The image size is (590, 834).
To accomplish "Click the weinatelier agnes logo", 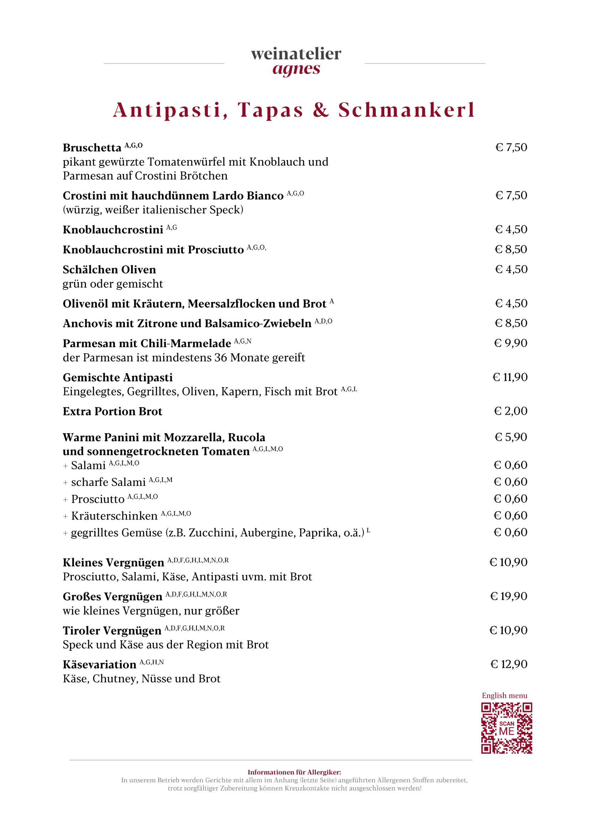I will pyautogui.click(x=296, y=61).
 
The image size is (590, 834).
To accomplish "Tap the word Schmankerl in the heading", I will pyautogui.click(x=406, y=110).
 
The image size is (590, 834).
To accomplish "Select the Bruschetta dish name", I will pyautogui.click(x=92, y=148).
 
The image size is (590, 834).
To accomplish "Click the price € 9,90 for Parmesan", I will pyautogui.click(x=511, y=343).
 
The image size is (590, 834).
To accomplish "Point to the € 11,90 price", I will pyautogui.click(x=510, y=377).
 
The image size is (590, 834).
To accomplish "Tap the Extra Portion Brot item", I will pyautogui.click(x=112, y=411).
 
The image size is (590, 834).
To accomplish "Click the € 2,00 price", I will pyautogui.click(x=511, y=411).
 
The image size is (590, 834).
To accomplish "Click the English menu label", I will pyautogui.click(x=504, y=696).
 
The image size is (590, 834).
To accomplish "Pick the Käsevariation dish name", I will pyautogui.click(x=99, y=665).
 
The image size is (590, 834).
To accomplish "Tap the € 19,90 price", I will pyautogui.click(x=508, y=596).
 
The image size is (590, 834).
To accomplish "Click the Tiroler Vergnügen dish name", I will pyautogui.click(x=112, y=630).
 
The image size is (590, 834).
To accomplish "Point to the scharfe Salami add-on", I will pyautogui.click(x=108, y=482).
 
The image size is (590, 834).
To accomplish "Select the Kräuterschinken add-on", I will pyautogui.click(x=114, y=516).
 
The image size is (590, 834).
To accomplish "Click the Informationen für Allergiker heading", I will pyautogui.click(x=294, y=772).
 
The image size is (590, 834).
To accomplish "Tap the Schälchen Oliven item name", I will pyautogui.click(x=109, y=270).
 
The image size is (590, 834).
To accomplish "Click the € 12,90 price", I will pyautogui.click(x=509, y=664).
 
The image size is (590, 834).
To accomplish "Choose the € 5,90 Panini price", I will pyautogui.click(x=511, y=437).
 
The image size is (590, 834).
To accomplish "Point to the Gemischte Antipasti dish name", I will pyautogui.click(x=117, y=378).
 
